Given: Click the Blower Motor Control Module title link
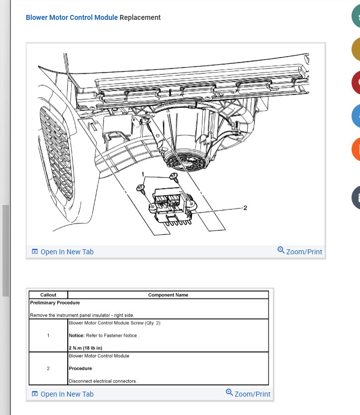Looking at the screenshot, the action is pyautogui.click(x=72, y=17).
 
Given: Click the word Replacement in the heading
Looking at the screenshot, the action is pyautogui.click(x=140, y=17).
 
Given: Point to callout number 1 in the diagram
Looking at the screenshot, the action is pyautogui.click(x=143, y=174).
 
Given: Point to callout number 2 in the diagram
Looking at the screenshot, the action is pyautogui.click(x=245, y=208).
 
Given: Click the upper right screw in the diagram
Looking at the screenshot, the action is pyautogui.click(x=174, y=176).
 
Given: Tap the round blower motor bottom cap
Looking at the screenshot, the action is pyautogui.click(x=186, y=161).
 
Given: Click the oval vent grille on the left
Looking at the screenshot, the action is pyautogui.click(x=56, y=153).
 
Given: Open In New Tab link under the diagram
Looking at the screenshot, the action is pyautogui.click(x=63, y=252).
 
